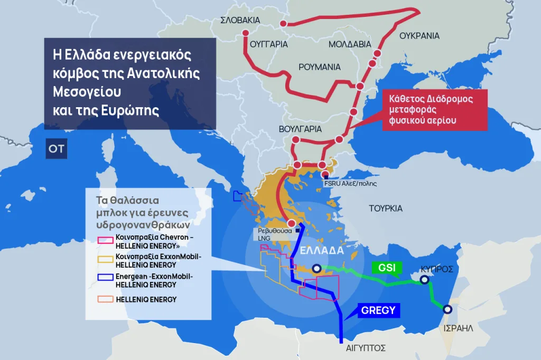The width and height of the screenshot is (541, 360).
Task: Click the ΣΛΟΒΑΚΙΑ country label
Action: click(240, 20)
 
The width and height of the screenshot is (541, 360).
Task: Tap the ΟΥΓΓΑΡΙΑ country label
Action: click(268, 44)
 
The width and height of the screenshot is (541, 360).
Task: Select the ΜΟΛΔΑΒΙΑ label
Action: click(350, 44)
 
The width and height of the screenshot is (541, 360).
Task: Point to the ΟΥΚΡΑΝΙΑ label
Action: click(419, 36)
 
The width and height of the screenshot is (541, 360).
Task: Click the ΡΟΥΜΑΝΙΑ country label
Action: click(320, 67)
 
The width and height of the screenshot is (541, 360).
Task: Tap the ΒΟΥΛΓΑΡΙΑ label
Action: click(300, 129)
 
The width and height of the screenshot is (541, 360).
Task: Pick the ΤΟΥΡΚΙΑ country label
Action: click(386, 208)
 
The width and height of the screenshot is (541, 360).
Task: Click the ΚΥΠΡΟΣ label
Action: click(437, 269)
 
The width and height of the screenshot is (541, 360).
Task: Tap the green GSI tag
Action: click(387, 267)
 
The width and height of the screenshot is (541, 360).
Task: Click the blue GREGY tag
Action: click(378, 310)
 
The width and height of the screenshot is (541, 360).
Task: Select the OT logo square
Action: click(56, 149)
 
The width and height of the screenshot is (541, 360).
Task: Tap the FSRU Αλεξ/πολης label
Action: click(349, 183)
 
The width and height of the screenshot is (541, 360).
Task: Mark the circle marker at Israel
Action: click(447, 310)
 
